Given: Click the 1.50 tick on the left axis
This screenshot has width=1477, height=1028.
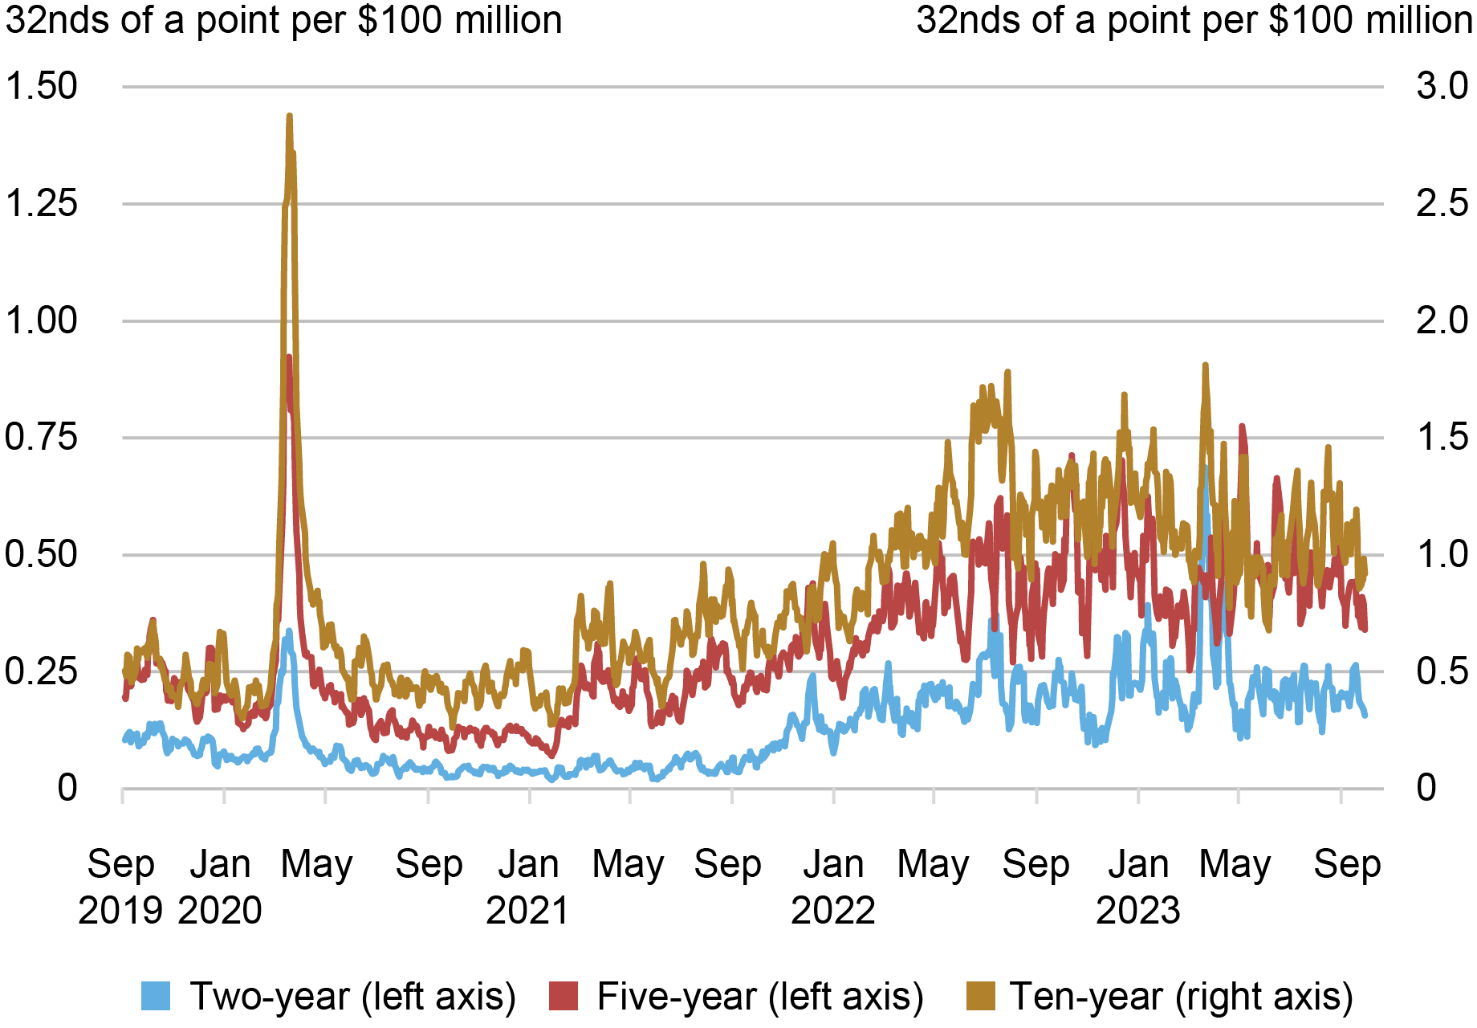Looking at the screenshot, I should pyautogui.click(x=42, y=87).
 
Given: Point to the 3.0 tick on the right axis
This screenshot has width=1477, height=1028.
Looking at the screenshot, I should pyautogui.click(x=1442, y=87).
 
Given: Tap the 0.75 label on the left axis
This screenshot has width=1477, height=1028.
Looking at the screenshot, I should pyautogui.click(x=42, y=438).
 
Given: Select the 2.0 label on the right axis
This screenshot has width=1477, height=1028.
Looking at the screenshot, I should pyautogui.click(x=1442, y=321).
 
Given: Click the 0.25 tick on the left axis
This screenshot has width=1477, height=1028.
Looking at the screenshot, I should pyautogui.click(x=42, y=671).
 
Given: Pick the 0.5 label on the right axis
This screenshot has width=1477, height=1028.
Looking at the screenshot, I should pyautogui.click(x=1442, y=671).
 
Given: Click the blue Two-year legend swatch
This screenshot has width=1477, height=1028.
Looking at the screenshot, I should pyautogui.click(x=157, y=996).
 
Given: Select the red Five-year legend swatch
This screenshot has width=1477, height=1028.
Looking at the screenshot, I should pyautogui.click(x=564, y=996).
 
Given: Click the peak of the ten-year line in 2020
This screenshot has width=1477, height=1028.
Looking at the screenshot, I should pyautogui.click(x=289, y=116).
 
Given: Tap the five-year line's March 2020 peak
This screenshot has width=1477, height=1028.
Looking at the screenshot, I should pyautogui.click(x=289, y=357).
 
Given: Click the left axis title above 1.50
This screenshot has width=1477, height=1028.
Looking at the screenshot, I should pyautogui.click(x=283, y=21).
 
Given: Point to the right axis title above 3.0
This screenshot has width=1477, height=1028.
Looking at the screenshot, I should pyautogui.click(x=1194, y=21).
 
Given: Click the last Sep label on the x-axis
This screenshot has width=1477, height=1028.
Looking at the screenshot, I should pyautogui.click(x=1347, y=865).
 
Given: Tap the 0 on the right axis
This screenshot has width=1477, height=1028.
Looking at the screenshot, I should pyautogui.click(x=1426, y=789).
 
